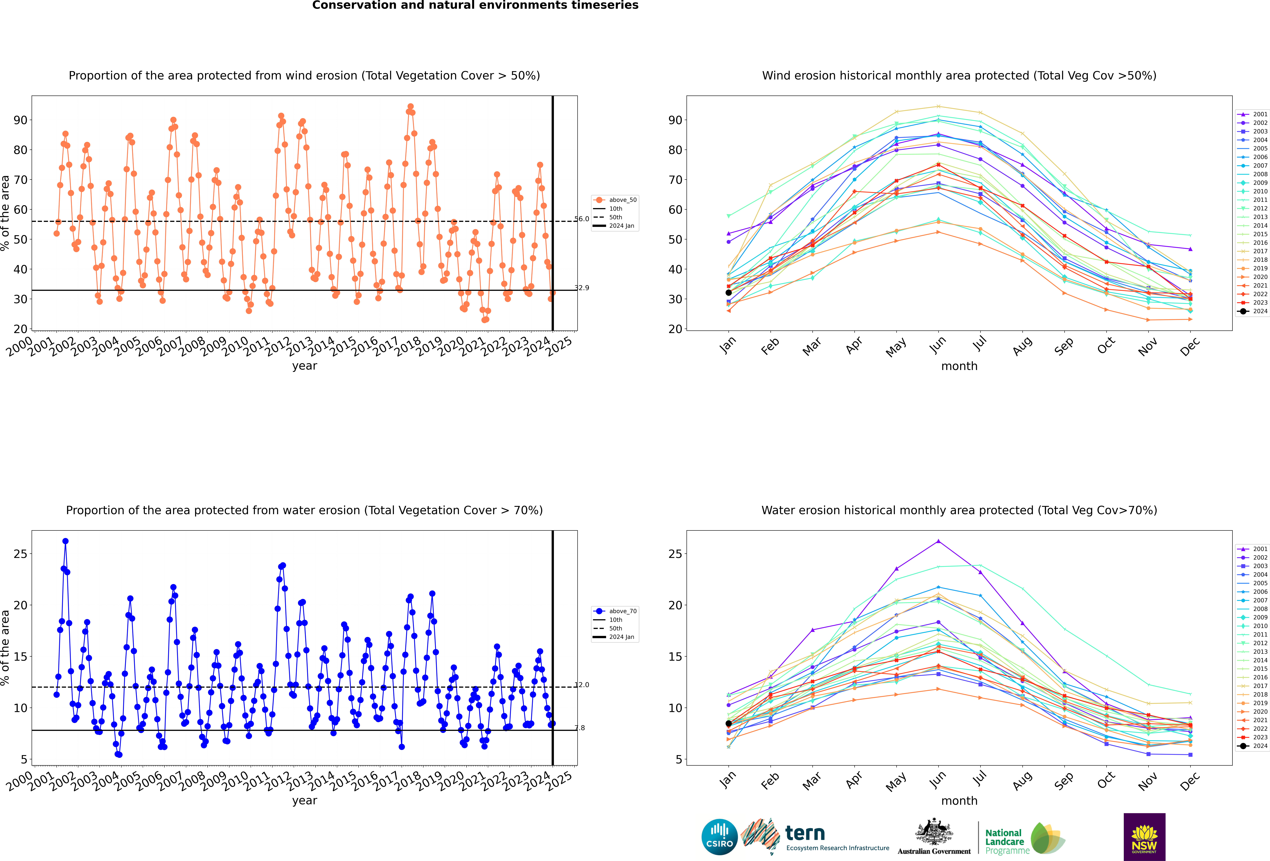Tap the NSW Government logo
point(1144,836)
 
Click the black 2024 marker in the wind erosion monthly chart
point(728,292)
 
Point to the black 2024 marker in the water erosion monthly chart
point(728,723)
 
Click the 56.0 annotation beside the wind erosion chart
point(581,219)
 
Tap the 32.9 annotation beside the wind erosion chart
point(581,288)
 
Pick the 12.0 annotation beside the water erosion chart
point(581,684)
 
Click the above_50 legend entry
point(615,200)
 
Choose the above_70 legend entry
point(615,611)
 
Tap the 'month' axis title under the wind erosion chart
point(959,366)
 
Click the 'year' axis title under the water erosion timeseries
point(304,801)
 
